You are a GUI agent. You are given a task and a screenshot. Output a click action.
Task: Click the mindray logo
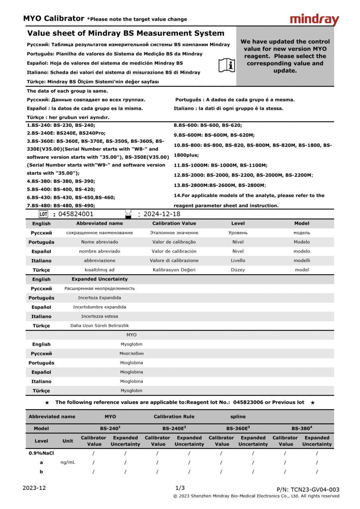pos(314,19)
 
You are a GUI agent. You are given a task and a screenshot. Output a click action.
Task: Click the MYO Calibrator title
pos(54,19)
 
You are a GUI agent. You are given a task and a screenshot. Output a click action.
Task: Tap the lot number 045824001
pos(76,214)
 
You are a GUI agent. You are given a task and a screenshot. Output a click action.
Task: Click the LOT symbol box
pos(43,214)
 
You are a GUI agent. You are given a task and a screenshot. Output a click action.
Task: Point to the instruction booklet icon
pos(227,65)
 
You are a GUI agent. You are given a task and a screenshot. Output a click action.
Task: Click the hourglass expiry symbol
pos(128,214)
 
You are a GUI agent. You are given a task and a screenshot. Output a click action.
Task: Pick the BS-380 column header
pos(302,428)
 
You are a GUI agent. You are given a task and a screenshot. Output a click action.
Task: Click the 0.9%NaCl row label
pos(41,453)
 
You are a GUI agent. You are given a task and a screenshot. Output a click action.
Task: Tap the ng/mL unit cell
pos(68,462)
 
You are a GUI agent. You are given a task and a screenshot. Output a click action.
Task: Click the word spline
pos(238,417)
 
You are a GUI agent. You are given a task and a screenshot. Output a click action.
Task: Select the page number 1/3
pos(180,488)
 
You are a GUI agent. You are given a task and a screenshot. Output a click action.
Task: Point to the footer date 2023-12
pos(34,488)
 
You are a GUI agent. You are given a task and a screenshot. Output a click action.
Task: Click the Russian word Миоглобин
pos(131,354)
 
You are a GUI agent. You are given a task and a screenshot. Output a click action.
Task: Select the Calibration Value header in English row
pos(174,223)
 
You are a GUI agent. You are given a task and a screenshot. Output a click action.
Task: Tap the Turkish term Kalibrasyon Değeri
pos(174,270)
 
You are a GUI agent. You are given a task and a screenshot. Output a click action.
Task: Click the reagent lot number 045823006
pos(248,402)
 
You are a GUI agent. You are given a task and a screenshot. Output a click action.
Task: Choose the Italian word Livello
pos(238,260)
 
